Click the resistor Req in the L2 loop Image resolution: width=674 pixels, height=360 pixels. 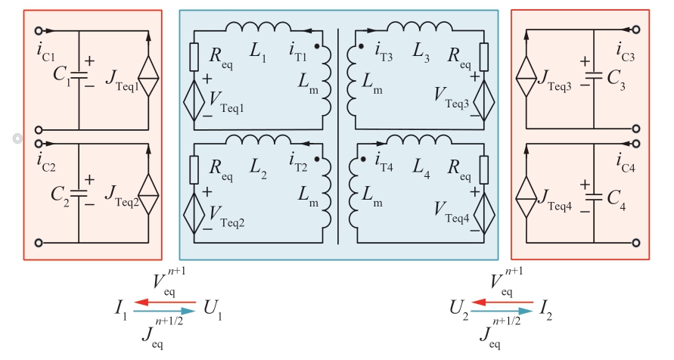[195, 166]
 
